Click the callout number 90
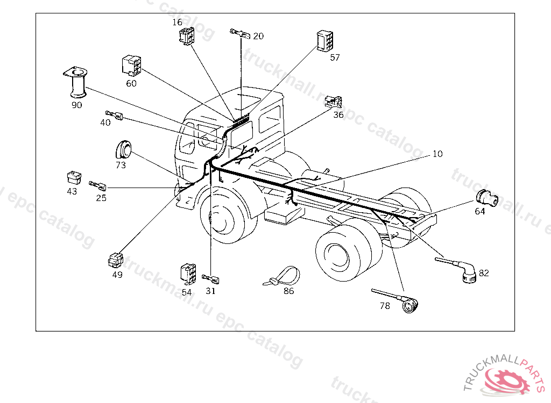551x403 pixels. click(77, 105)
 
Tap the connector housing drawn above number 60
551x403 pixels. click(131, 66)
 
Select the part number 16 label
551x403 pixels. click(178, 22)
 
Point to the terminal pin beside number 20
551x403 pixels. click(240, 34)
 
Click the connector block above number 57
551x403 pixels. click(326, 41)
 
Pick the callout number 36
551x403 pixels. click(338, 114)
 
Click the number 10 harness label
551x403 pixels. click(437, 154)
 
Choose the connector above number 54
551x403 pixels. click(187, 273)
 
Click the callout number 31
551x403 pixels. click(210, 291)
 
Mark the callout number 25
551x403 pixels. click(101, 197)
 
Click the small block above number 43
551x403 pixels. click(73, 176)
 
